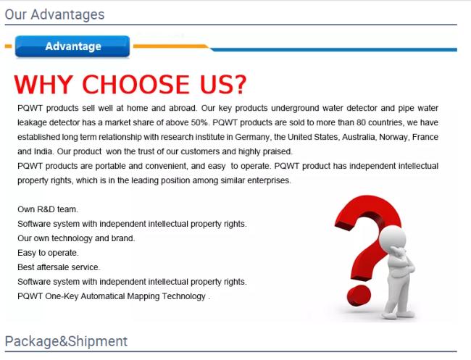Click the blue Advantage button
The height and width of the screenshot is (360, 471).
pyautogui.click(x=72, y=46)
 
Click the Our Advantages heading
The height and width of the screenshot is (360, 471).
pyautogui.click(x=54, y=14)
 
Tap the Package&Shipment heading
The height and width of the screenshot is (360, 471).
pyautogui.click(x=66, y=341)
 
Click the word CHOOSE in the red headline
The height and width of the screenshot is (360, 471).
pyautogui.click(x=136, y=84)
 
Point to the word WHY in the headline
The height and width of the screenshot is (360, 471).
pyautogui.click(x=43, y=84)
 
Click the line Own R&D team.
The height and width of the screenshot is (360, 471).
pyautogui.click(x=48, y=209)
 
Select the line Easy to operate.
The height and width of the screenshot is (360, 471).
pyautogui.click(x=48, y=253)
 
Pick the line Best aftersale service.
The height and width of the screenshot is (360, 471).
pyautogui.click(x=59, y=267)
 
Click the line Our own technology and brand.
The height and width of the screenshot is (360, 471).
pyautogui.click(x=76, y=238)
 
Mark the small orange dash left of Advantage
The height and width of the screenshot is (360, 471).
pyautogui.click(x=9, y=46)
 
